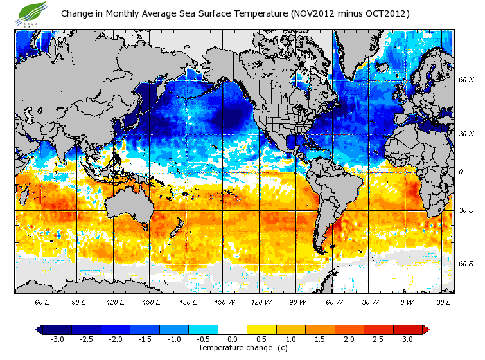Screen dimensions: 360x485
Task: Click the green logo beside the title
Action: pos(33,12)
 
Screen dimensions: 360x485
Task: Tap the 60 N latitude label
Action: pos(466,80)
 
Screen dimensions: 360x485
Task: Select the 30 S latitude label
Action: pos(466,210)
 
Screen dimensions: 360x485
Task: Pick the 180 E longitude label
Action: pos(188,302)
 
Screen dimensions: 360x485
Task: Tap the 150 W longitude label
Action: pos(224,302)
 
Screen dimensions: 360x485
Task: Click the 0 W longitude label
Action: pos(407,302)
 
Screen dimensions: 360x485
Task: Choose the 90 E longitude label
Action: pos(79,302)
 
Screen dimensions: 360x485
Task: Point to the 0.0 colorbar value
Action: pos(233,339)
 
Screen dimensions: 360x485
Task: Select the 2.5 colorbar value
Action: pos(379,339)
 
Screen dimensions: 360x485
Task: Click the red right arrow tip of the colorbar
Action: pos(426,330)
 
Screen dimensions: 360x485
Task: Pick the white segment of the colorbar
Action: pos(233,330)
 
